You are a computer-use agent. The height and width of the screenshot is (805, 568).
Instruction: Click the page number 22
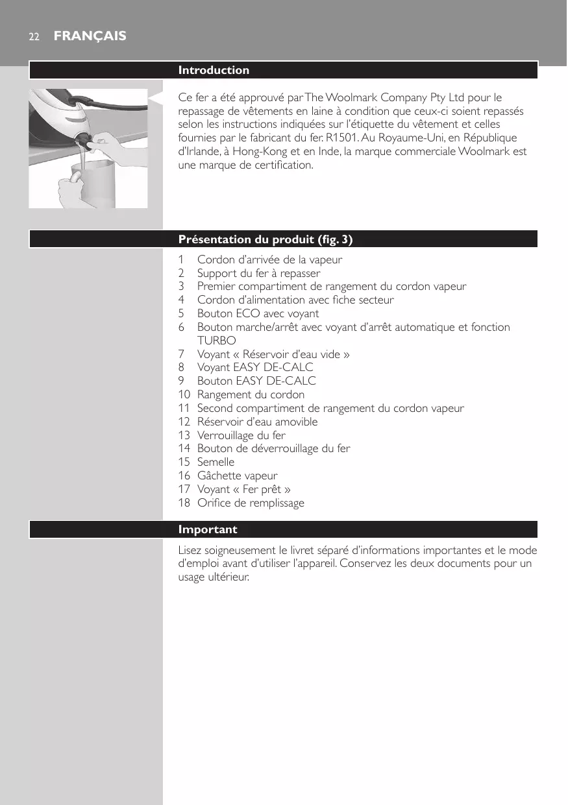[x=33, y=37]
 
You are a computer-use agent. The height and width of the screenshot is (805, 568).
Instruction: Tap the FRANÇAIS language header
[x=90, y=36]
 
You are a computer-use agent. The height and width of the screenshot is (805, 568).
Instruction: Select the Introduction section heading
[x=214, y=70]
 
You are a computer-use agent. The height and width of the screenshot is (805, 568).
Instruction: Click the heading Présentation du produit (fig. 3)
[x=265, y=239]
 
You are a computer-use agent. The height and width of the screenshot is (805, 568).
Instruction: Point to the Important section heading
[x=208, y=529]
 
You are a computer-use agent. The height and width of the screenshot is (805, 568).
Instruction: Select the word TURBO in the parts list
[x=217, y=341]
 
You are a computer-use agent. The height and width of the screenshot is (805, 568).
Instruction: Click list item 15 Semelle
[x=216, y=462]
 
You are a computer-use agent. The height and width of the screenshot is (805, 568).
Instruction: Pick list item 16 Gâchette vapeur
[x=237, y=475]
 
